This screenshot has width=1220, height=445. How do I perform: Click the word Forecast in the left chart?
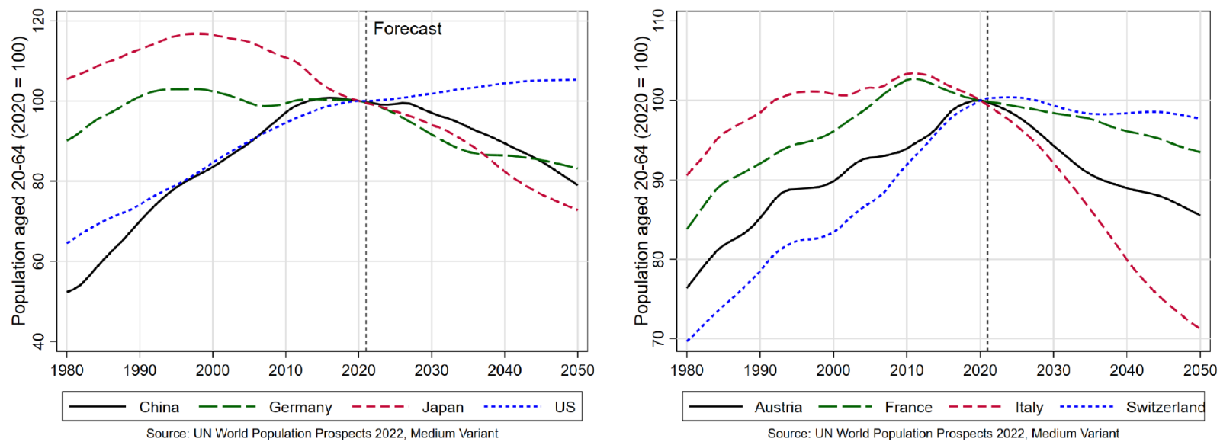point(407,29)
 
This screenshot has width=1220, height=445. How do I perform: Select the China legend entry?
point(159,408)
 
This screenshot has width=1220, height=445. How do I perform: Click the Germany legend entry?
point(300,408)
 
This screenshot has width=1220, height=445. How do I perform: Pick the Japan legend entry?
point(442,408)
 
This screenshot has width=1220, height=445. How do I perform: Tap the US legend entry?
point(564,408)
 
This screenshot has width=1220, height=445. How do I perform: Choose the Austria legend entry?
point(778,408)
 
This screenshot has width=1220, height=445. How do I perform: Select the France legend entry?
point(908,408)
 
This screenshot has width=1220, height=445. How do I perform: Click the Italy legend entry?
point(1029,408)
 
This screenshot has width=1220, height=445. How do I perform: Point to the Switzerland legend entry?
point(1165,408)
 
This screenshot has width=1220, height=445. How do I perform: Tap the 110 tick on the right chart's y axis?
point(659,21)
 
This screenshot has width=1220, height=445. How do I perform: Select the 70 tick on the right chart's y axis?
point(659,338)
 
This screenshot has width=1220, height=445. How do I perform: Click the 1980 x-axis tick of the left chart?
point(67,370)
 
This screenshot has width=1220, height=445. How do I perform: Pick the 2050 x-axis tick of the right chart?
point(1199,370)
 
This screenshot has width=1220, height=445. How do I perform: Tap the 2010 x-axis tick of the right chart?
point(907,370)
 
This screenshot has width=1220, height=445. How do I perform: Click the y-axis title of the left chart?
point(19,181)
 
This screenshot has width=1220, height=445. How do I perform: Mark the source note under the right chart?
point(943,434)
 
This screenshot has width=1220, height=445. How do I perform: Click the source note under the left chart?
point(322,434)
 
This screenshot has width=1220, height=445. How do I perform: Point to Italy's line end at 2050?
point(1199,328)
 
